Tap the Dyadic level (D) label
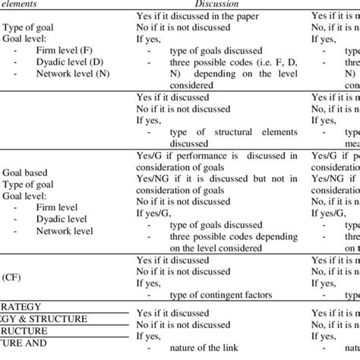point(69,62)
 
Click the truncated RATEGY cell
point(23,308)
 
